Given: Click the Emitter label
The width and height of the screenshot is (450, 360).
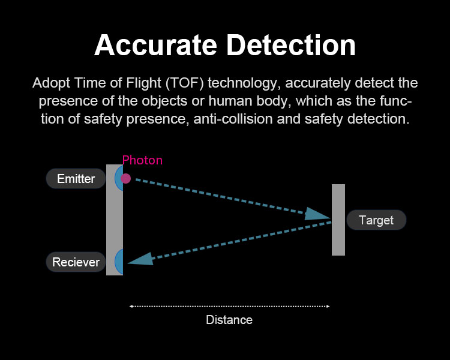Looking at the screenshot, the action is (x=76, y=179).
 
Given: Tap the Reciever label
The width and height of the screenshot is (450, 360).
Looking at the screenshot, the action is (x=76, y=262).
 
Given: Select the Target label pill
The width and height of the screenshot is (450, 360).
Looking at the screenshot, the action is (x=376, y=220).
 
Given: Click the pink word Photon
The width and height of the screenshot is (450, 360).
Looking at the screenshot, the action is (x=142, y=160).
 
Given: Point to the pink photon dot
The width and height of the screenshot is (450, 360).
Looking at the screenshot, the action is (x=126, y=178).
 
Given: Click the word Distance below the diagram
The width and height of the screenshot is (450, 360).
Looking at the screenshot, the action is (x=229, y=320).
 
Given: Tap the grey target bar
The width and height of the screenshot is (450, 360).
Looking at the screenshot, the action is (x=338, y=220).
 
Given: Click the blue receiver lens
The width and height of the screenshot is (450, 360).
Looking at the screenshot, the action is (x=119, y=262).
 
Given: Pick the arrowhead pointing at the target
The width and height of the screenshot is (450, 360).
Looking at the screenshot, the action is (x=317, y=214).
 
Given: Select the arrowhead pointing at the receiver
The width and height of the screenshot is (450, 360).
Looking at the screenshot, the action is (x=140, y=259).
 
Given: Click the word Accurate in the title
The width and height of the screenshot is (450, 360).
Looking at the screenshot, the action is (x=155, y=45).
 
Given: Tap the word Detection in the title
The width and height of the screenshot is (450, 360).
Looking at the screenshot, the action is (x=291, y=45).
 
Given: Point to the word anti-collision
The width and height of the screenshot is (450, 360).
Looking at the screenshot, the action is (x=233, y=119).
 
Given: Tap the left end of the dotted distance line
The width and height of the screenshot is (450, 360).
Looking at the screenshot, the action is (x=130, y=307).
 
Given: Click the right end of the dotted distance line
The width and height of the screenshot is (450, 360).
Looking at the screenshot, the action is (x=329, y=307).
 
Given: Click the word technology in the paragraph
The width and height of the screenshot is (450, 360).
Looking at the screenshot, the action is (x=243, y=83).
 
